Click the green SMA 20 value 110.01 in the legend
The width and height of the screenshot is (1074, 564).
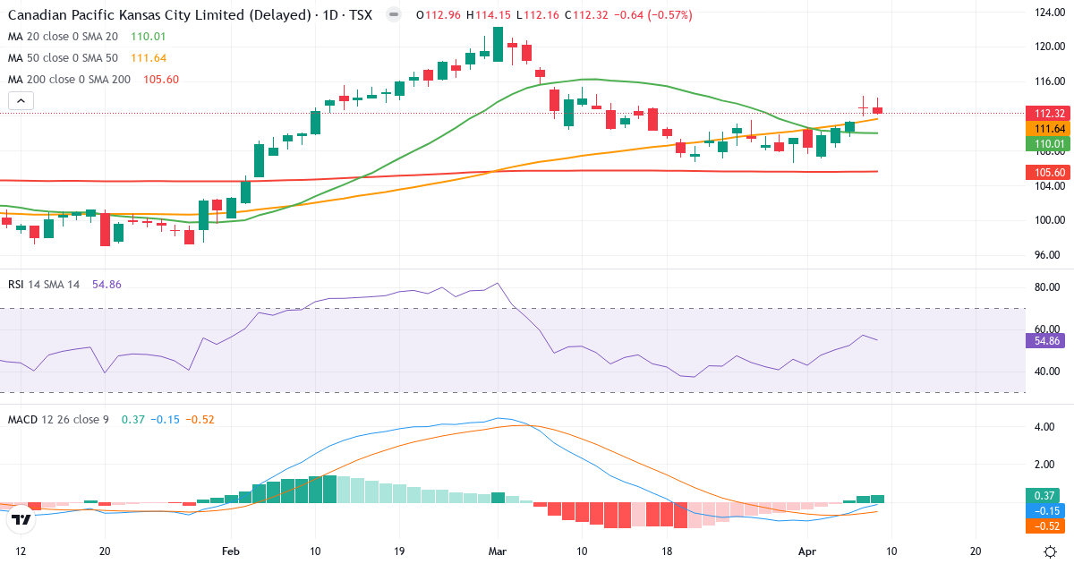pos(149,37)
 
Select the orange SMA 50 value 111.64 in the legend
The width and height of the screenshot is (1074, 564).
pos(149,58)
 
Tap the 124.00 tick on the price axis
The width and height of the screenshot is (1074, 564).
pos(1048,13)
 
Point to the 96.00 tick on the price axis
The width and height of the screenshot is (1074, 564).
pos(1048,255)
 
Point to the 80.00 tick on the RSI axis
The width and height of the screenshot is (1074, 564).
pos(1048,287)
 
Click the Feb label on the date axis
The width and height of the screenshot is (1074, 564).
pos(231,551)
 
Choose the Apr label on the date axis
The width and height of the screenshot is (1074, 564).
pos(807,551)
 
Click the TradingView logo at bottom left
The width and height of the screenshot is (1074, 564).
pos(21,518)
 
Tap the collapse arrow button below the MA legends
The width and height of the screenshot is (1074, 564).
pos(21,101)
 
